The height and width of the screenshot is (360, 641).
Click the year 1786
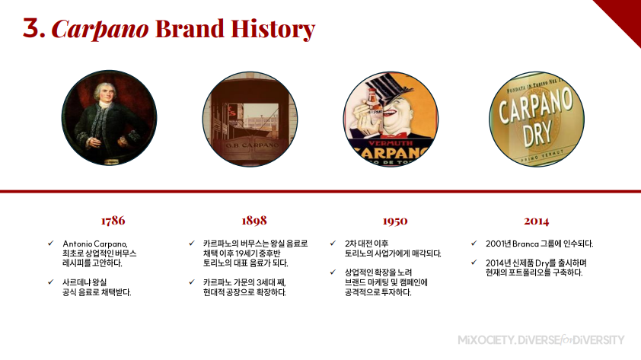(x=113, y=221)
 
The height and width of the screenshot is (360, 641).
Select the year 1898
(x=254, y=221)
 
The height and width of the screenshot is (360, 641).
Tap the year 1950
(x=395, y=221)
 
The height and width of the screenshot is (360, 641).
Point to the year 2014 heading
(x=537, y=221)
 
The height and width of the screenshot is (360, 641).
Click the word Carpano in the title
(x=100, y=29)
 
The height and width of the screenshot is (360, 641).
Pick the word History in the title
(x=273, y=29)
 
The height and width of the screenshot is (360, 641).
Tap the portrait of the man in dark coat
(x=109, y=118)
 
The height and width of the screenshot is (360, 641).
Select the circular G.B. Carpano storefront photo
(x=250, y=119)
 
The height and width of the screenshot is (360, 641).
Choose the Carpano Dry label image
(x=537, y=119)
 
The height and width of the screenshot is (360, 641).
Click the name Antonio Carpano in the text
(x=95, y=244)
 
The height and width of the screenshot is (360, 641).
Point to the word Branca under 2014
(x=525, y=244)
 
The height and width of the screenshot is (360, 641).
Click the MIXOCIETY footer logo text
(x=541, y=340)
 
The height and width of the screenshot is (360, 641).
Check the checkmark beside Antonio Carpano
(x=51, y=243)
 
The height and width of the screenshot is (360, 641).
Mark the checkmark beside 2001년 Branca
(x=474, y=243)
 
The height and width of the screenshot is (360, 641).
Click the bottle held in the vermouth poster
(x=373, y=101)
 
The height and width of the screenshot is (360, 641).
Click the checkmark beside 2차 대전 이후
(x=333, y=243)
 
